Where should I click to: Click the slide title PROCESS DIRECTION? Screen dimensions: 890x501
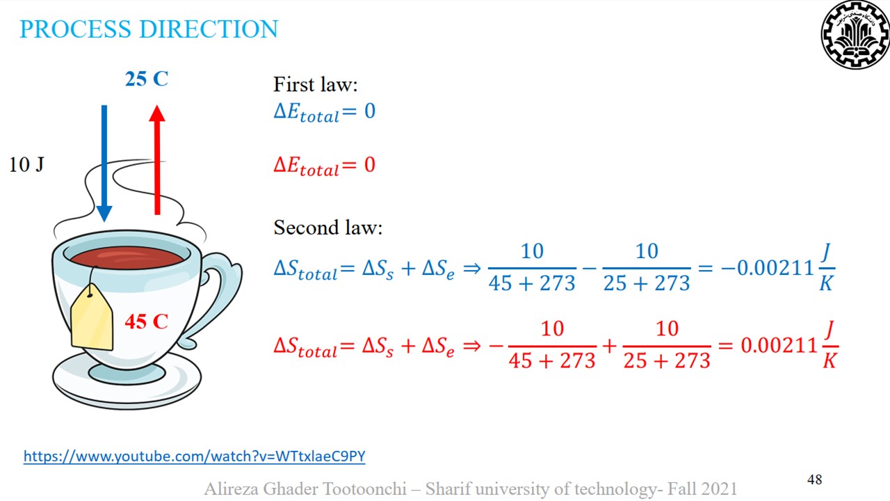coord(149,29)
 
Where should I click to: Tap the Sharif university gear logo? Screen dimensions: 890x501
coord(855,35)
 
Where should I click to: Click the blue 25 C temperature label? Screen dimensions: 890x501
coord(147,79)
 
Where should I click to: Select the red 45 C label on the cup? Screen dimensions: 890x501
coord(147,321)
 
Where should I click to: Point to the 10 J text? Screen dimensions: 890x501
coord(26,165)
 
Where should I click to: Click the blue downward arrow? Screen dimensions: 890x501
coord(104,164)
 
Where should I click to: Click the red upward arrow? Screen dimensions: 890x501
coord(157,160)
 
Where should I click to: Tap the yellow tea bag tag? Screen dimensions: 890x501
coord(92,318)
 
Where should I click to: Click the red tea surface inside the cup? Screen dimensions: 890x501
coord(127,257)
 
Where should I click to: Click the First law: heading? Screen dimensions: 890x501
coord(316,84)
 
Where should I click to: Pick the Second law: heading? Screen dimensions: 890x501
coord(327,228)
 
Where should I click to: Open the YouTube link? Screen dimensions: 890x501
coord(194,456)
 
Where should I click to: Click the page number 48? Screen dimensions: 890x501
coord(814,479)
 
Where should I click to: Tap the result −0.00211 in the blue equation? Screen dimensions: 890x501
coord(767,268)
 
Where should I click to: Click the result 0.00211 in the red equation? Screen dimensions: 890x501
coord(779,345)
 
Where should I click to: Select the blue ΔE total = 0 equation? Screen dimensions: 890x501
coord(324,112)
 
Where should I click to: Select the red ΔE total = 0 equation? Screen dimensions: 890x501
coord(324,166)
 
